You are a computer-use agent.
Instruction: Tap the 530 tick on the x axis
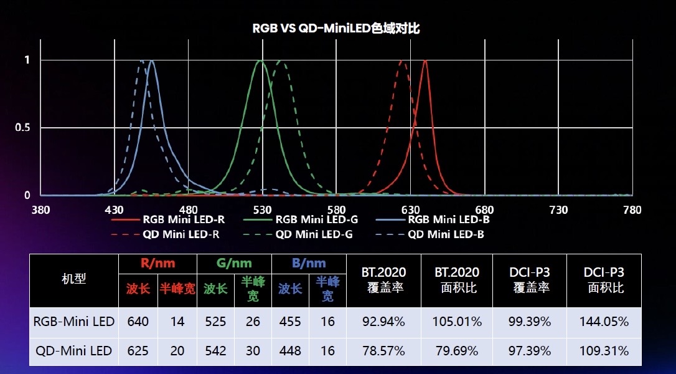(262, 210)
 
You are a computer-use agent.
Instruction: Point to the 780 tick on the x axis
(632, 210)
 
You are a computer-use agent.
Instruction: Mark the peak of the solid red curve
(425, 61)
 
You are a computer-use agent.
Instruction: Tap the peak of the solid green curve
(260, 61)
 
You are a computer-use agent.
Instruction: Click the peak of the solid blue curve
(151, 61)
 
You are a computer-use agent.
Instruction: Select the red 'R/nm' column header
(157, 263)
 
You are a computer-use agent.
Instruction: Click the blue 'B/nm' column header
(309, 263)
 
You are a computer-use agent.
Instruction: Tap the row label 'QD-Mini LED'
(73, 351)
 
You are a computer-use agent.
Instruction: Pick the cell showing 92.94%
(383, 322)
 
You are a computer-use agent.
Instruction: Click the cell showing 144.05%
(603, 322)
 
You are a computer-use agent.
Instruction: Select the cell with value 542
(215, 351)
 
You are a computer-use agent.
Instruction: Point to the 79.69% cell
(457, 351)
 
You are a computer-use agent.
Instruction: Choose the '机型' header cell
(73, 279)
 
